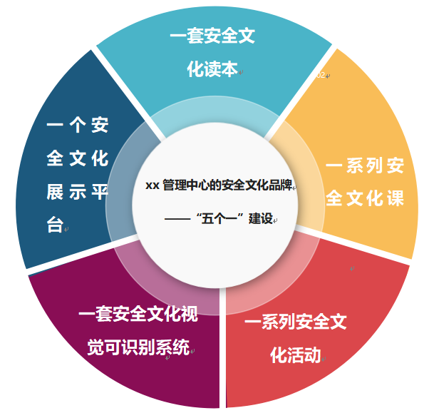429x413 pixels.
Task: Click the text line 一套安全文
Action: [x=212, y=35]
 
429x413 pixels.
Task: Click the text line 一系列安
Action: [x=365, y=167]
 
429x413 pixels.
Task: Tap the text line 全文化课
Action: [x=365, y=198]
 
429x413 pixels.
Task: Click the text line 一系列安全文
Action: [x=295, y=322]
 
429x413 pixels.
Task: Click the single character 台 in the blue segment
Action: [x=55, y=225]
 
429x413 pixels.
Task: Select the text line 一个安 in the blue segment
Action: [x=78, y=126]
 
